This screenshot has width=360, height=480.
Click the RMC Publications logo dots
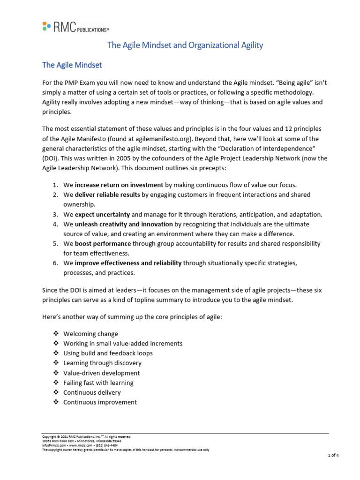click(x=45, y=26)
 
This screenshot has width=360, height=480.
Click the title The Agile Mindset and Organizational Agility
click(x=185, y=45)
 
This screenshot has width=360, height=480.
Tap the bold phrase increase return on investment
click(x=119, y=184)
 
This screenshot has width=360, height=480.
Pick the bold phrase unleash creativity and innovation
click(x=124, y=224)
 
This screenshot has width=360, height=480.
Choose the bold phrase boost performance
click(x=103, y=244)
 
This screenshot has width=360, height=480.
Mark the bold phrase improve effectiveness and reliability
click(x=128, y=263)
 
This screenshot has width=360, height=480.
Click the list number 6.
click(x=54, y=263)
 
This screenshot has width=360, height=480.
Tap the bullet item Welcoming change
click(x=90, y=334)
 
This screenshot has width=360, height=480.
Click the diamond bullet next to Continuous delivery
click(x=56, y=392)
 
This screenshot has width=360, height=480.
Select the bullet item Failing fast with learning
click(x=98, y=382)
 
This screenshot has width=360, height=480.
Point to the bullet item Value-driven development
click(x=101, y=373)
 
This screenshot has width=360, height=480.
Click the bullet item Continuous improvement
click(x=100, y=402)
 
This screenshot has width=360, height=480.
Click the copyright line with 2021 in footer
click(x=87, y=436)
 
